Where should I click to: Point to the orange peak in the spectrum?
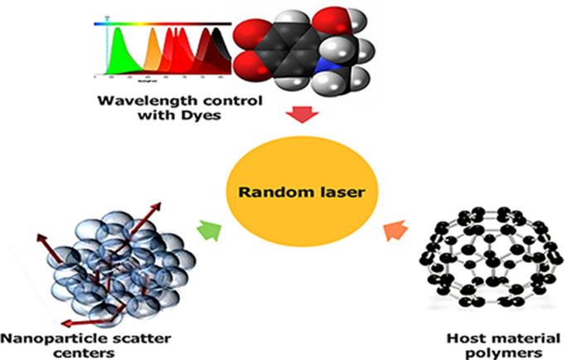153,55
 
